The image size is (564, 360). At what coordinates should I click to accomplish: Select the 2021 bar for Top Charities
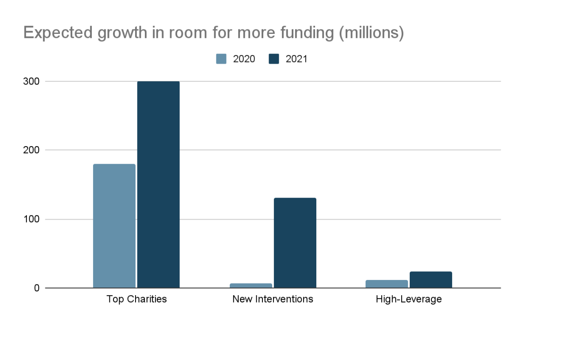point(158,184)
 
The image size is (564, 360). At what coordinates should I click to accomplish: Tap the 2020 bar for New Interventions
point(251,285)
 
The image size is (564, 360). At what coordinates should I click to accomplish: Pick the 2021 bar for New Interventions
point(295,243)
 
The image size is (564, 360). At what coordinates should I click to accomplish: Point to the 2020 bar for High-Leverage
point(387,284)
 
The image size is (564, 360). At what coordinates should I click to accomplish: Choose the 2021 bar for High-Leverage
point(431,280)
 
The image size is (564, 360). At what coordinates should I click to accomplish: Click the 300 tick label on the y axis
point(31,82)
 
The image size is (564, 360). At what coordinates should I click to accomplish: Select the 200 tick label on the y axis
point(31,150)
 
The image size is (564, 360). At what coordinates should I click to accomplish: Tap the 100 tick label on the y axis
point(31,219)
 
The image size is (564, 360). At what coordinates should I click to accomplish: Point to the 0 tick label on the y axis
point(37,288)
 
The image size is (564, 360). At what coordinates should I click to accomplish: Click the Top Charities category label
point(137,299)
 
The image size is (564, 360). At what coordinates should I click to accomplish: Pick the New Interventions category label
point(273,299)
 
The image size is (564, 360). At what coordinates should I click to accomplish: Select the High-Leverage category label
point(409,299)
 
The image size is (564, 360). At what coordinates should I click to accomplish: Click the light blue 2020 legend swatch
point(221,59)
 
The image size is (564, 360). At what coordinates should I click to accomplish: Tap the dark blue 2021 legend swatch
point(274,59)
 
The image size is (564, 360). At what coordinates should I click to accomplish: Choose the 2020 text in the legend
point(244,59)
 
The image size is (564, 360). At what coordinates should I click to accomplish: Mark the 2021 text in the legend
point(296,59)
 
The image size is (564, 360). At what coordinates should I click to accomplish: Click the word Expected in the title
point(58,33)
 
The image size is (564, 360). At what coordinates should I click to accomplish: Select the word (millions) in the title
point(371,33)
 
